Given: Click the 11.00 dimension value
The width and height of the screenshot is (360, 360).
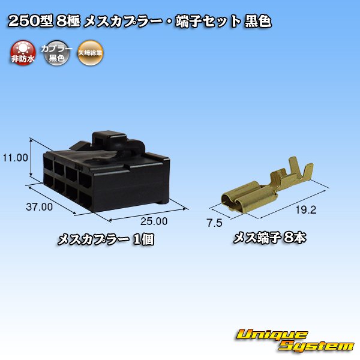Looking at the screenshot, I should [x=15, y=158].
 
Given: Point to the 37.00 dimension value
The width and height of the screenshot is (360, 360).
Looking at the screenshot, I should [x=40, y=207].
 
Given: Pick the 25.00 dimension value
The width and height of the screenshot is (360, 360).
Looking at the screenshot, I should [x=154, y=221].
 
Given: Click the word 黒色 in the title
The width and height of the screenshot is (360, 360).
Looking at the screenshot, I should [x=257, y=23].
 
